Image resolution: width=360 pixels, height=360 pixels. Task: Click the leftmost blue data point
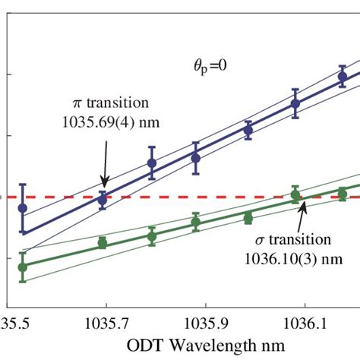(23, 207)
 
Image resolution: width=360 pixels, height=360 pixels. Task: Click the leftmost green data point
(23, 267)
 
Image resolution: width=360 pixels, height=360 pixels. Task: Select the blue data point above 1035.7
(103, 199)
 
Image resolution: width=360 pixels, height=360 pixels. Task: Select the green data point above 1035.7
(103, 243)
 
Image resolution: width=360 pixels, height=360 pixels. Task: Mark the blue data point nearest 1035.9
(196, 158)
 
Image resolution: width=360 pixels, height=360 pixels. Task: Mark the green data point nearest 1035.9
(196, 222)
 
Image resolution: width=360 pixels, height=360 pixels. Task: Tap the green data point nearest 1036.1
(295, 195)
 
